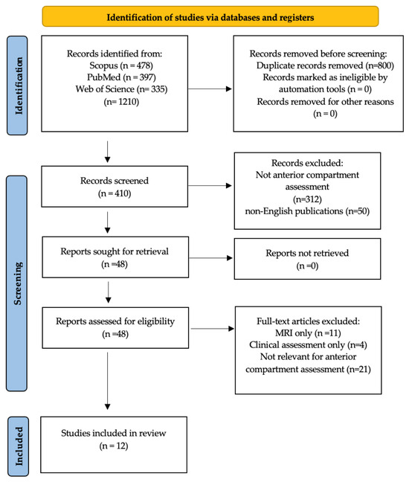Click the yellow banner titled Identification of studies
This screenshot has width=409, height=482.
point(210,16)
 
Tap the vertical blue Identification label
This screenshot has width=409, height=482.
point(17,86)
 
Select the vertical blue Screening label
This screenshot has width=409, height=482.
point(16,283)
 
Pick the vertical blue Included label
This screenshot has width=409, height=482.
point(18,446)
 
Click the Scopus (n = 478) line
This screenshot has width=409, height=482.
point(121,65)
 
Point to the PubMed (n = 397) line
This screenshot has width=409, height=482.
point(121,77)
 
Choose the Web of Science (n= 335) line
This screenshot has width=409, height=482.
point(121,89)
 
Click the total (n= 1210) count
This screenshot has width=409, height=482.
point(121,101)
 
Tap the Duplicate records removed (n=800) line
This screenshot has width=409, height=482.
point(325,65)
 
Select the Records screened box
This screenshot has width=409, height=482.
point(115,187)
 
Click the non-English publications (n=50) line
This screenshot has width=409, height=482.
point(307,211)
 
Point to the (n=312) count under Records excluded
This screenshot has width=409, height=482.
point(307,199)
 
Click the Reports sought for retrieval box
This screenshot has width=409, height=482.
point(115,257)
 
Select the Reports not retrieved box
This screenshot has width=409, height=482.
point(307,259)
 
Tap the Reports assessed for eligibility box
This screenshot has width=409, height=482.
point(115,328)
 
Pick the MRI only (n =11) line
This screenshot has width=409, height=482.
point(308,333)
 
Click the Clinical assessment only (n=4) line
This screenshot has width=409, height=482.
point(308,345)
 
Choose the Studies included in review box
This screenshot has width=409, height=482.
point(114,445)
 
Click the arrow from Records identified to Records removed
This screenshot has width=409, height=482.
point(210,89)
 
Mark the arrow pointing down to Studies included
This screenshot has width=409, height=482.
point(108,381)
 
